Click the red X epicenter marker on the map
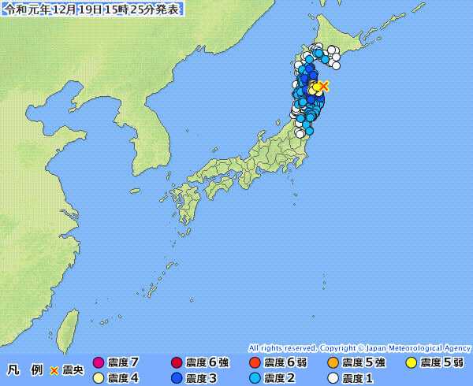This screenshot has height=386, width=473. tap(323, 85)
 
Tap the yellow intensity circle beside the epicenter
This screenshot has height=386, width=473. tap(315, 87)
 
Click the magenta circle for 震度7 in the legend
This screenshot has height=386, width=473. tap(99, 362)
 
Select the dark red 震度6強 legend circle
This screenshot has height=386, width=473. tap(177, 362)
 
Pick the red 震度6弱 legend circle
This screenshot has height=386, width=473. tap(255, 362)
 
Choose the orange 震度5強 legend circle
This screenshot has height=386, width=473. tap(333, 362)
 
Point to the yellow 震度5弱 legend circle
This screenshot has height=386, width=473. tap(411, 362)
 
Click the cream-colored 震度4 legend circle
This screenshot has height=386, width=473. tap(99, 378)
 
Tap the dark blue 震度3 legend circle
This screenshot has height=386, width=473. tap(177, 378)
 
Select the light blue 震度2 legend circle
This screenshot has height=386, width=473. tap(255, 378)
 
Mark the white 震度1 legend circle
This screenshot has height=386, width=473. tap(333, 378)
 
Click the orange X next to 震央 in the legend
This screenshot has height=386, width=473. tap(54, 369)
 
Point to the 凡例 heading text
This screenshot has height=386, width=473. tap(24, 369)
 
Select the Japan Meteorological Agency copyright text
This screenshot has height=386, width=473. tap(359, 347)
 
